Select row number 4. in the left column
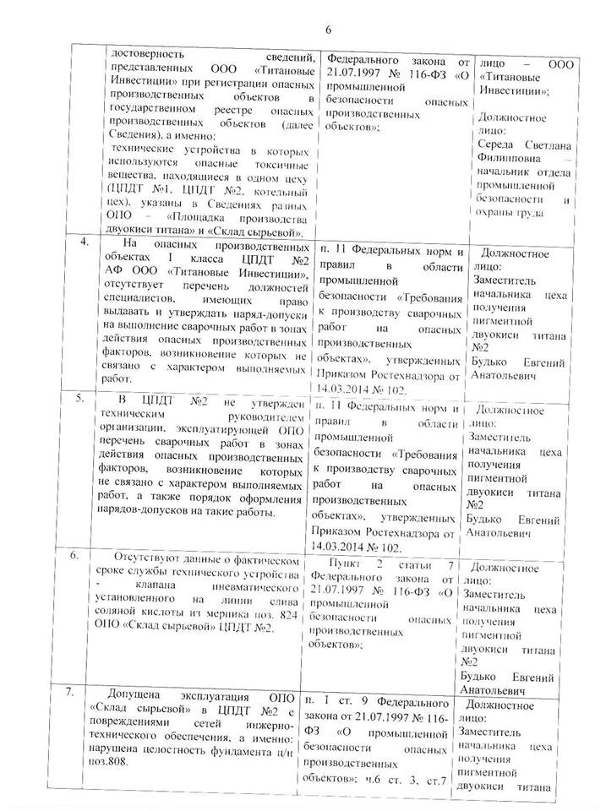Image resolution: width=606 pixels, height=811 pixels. coord(84,245)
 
